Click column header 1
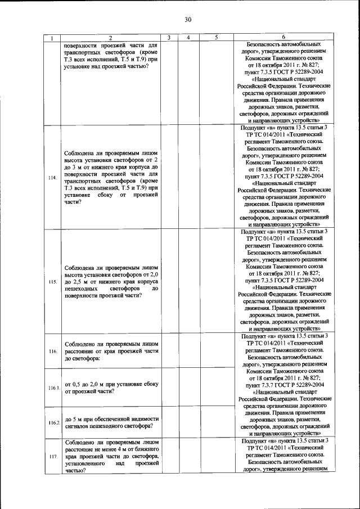pyautogui.click(x=52, y=38)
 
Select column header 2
pyautogui.click(x=110, y=38)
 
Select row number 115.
pyautogui.click(x=52, y=281)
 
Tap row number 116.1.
pyautogui.click(x=53, y=389)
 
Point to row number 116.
pyautogui.click(x=52, y=351)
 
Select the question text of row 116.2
pyautogui.click(x=111, y=422)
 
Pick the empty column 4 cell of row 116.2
pyautogui.click(x=188, y=422)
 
